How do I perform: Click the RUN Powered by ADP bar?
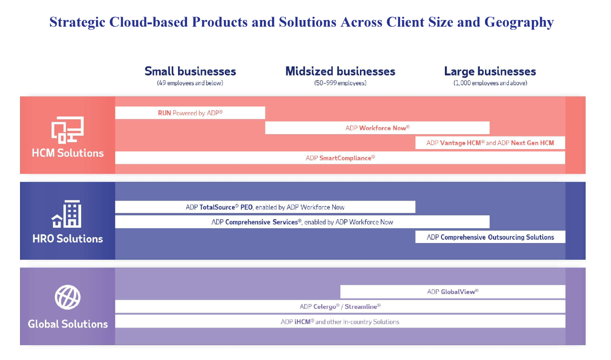tap(190, 113)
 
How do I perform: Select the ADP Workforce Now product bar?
tap(377, 127)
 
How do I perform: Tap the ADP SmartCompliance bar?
tap(340, 158)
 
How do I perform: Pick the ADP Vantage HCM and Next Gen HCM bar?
tap(490, 143)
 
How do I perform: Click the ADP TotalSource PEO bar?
tap(265, 207)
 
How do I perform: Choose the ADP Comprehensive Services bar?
tap(302, 222)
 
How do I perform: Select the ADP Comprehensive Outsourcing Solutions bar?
tap(490, 237)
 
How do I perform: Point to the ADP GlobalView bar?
tap(453, 292)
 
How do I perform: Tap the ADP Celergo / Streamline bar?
tap(340, 307)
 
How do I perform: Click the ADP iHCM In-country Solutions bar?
tap(340, 321)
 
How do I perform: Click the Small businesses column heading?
tap(190, 71)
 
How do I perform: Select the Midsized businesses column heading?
tap(340, 71)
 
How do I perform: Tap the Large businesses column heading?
tap(490, 72)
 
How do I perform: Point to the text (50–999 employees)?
tap(340, 83)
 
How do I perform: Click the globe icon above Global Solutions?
tap(68, 297)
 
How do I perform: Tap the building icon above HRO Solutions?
tap(66, 214)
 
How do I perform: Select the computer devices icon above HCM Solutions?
tap(67, 130)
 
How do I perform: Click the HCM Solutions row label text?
tap(68, 153)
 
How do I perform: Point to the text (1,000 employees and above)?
tap(490, 83)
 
